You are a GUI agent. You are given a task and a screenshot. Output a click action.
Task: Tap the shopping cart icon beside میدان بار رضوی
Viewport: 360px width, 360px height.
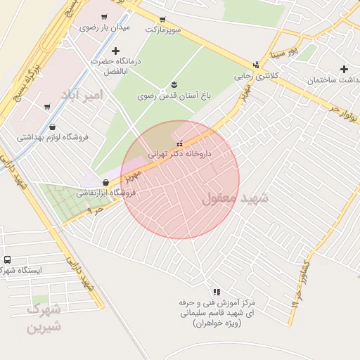[104, 17]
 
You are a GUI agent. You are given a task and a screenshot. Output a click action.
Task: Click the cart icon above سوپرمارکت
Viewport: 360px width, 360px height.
[162, 20]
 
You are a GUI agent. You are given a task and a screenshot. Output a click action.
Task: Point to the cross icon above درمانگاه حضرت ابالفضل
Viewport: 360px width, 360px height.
[115, 50]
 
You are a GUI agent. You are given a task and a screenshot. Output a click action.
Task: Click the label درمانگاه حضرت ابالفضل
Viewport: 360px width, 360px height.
[115, 65]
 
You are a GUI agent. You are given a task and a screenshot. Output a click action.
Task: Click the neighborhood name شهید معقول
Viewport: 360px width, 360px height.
[235, 198]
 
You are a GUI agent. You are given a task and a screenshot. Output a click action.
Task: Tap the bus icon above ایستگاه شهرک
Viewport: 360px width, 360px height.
[7, 259]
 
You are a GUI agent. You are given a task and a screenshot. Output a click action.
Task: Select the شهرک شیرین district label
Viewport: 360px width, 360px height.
[44, 318]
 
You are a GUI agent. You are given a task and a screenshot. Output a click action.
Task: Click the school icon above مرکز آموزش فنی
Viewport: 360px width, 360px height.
[217, 292]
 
